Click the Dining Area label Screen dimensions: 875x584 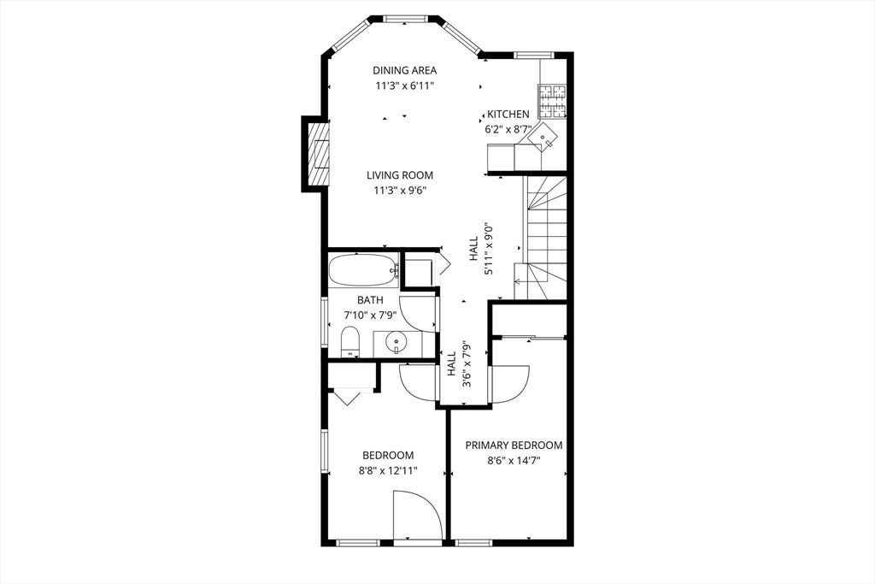[404, 70]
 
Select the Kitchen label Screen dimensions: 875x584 [508, 114]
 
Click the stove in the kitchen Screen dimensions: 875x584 [551, 102]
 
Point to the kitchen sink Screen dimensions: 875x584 [543, 138]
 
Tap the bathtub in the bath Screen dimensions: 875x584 [363, 270]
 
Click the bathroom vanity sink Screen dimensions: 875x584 [396, 342]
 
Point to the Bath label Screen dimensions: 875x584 [370, 300]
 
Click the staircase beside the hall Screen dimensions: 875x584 [544, 238]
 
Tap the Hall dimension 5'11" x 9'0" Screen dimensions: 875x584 [489, 249]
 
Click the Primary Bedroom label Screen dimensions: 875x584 [514, 445]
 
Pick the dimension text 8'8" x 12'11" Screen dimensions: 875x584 [388, 470]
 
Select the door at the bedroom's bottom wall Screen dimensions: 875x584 [418, 515]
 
